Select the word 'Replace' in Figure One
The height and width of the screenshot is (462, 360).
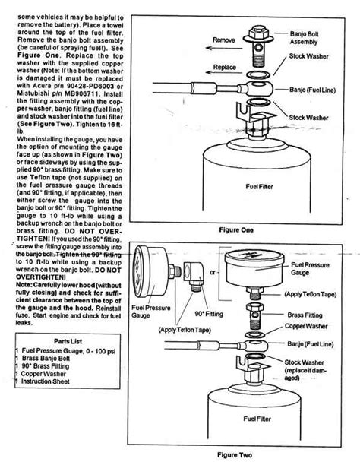click(225, 67)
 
